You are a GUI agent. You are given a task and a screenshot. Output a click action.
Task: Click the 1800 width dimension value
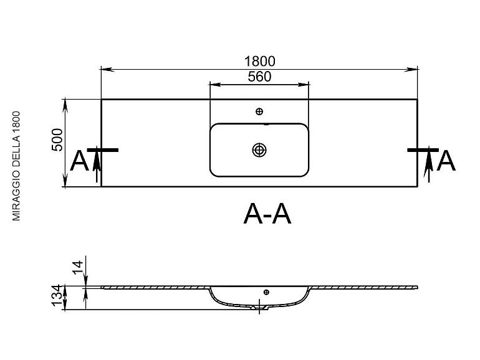(x=259, y=60)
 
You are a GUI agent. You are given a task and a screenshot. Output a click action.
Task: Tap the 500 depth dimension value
(x=57, y=141)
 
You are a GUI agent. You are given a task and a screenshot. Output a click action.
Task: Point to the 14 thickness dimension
(x=78, y=267)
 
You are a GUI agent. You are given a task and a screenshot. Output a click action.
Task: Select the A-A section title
(x=267, y=214)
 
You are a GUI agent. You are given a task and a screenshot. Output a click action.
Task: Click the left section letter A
(x=80, y=161)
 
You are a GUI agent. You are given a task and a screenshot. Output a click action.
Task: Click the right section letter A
(x=446, y=161)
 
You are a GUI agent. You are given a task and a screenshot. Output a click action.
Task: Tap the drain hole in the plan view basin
(x=259, y=149)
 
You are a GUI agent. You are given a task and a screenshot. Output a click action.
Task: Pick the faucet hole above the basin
(x=259, y=111)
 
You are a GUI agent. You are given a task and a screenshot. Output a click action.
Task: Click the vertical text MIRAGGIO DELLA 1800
(x=17, y=165)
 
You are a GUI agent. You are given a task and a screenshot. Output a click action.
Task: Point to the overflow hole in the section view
(x=266, y=291)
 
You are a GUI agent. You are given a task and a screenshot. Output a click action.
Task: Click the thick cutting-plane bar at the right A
(x=423, y=150)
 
